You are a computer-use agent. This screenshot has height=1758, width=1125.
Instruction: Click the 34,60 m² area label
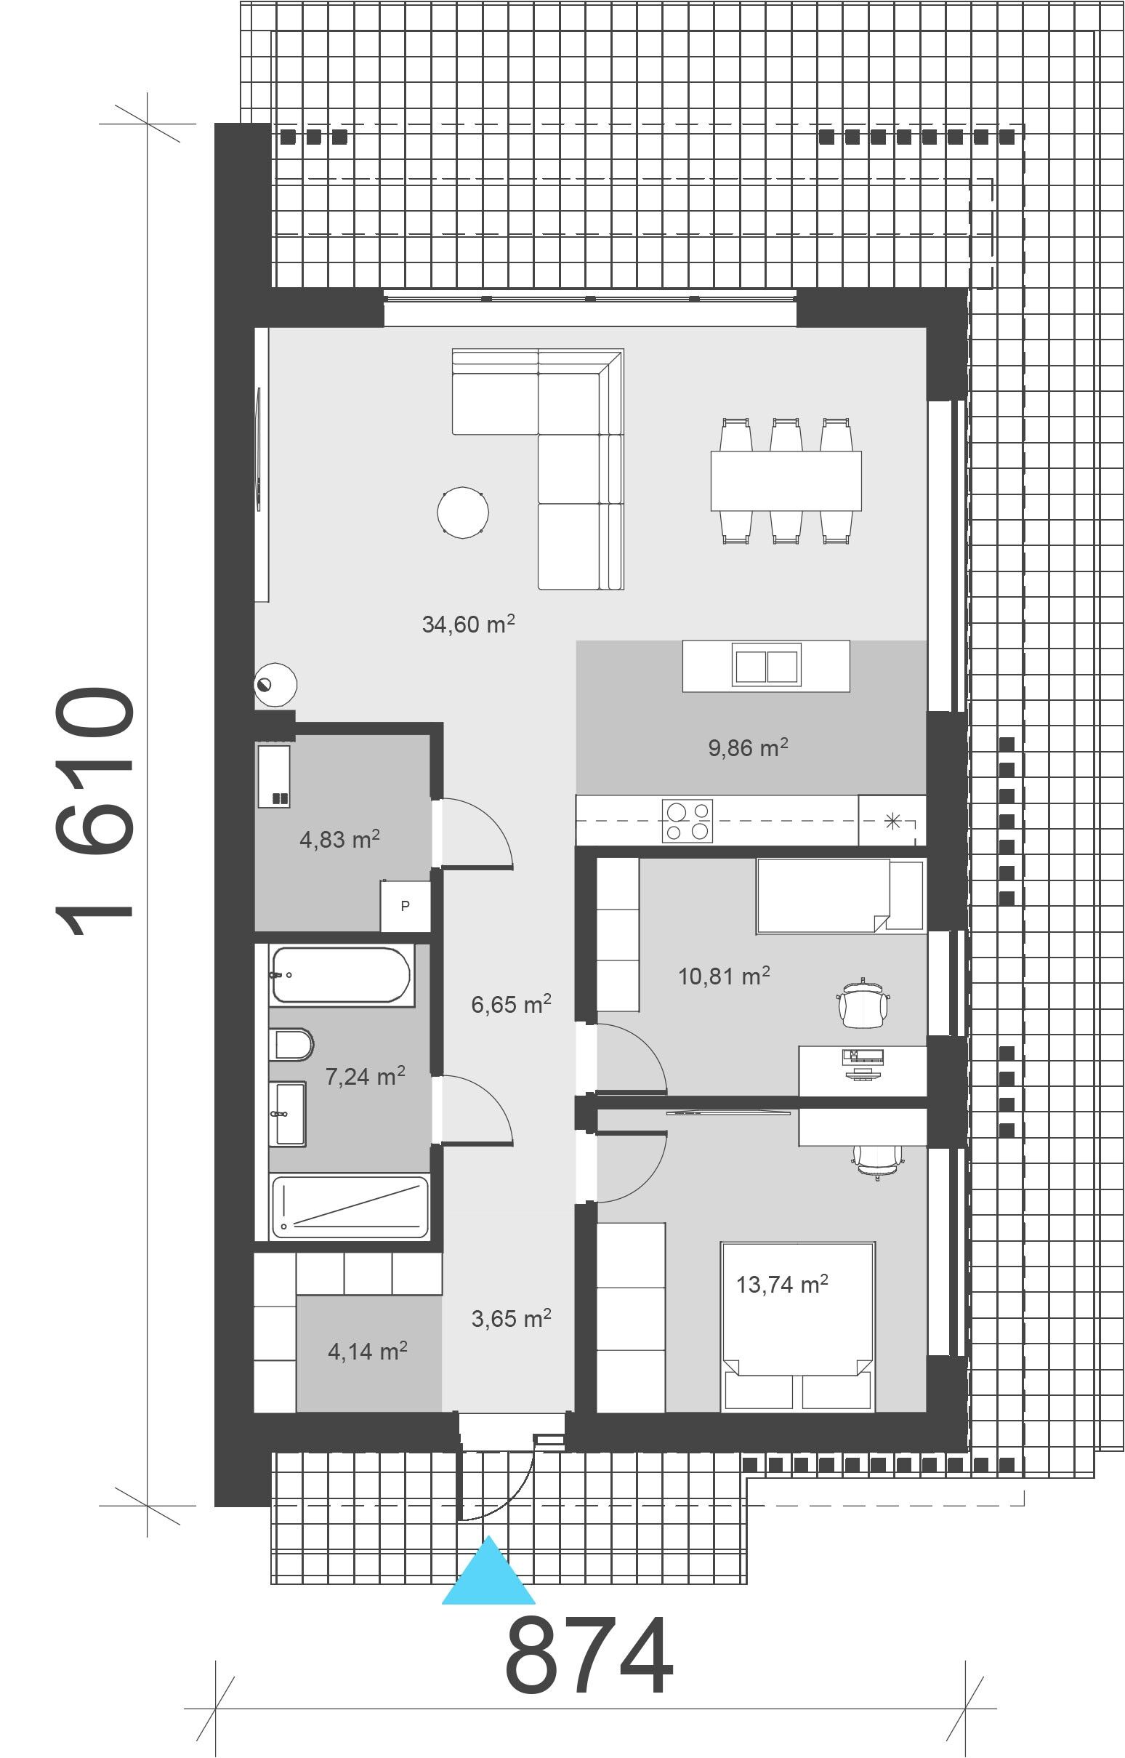pos(468,624)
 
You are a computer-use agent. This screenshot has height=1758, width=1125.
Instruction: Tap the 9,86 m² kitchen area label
pos(748,747)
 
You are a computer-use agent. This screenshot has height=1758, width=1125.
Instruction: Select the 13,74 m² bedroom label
pos(782,1284)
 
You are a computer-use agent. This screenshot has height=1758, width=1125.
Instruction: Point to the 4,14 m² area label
pos(368,1351)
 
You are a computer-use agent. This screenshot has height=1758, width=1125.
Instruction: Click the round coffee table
pos(462,513)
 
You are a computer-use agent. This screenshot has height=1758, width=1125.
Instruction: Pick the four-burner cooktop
pos(687,821)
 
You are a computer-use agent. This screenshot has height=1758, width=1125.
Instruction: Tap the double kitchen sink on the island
pos(766,666)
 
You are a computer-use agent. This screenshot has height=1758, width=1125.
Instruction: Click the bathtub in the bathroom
pos(341,975)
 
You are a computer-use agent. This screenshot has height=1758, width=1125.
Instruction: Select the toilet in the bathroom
pos(291,1044)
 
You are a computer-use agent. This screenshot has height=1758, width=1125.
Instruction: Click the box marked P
pos(406,906)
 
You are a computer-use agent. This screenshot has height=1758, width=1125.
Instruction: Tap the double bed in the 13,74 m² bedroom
pos(798,1325)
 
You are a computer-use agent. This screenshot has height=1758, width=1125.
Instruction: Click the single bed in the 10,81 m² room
pos(841,896)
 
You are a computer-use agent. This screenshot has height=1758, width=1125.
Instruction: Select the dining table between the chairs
pos(786,481)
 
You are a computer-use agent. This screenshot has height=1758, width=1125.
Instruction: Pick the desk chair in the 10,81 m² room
pos(863,1003)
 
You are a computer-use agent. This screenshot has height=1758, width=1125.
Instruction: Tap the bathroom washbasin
pos(288,1113)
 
